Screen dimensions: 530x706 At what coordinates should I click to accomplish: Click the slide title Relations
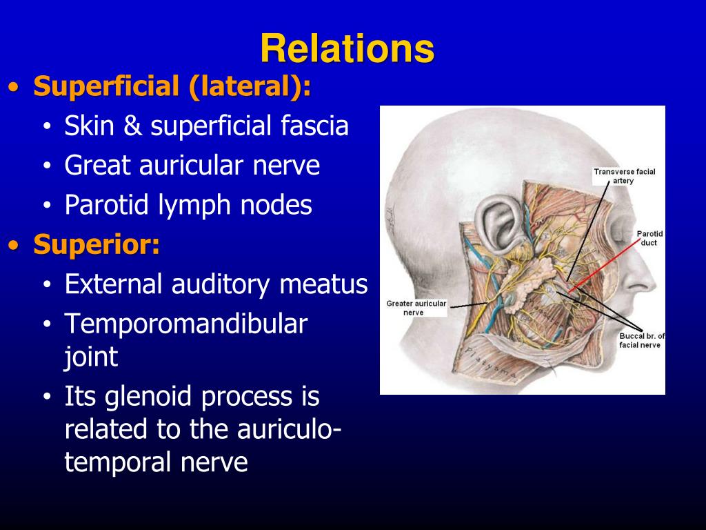click(347, 49)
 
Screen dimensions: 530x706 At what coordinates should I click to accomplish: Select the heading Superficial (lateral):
click(172, 88)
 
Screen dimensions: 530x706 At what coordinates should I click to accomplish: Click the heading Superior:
click(97, 245)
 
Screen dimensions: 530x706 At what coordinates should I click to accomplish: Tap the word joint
click(92, 357)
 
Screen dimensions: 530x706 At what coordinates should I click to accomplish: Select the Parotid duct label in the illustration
click(648, 238)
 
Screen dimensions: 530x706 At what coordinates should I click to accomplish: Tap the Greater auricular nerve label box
click(416, 308)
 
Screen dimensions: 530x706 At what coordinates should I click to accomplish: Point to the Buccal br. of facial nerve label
click(641, 340)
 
